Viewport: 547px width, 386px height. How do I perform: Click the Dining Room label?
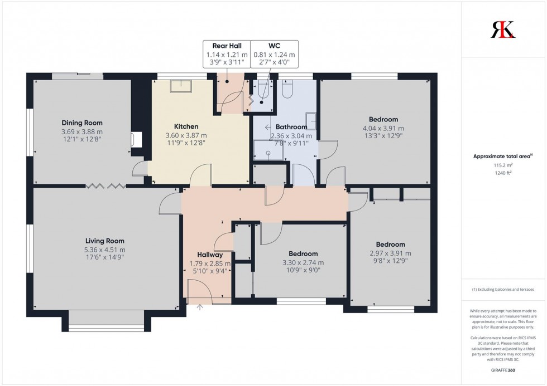pos(82,123)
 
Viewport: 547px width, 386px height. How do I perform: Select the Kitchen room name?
pos(186,126)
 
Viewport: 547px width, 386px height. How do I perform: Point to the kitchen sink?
pos(181,86)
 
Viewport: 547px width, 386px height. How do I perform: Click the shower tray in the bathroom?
pos(268,150)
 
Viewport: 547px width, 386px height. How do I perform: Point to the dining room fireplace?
pos(135,139)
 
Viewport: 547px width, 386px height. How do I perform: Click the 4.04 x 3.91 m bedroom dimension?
pos(383,128)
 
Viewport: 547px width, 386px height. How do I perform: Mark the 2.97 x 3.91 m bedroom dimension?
pos(390,253)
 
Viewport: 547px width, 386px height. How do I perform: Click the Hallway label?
pos(209,255)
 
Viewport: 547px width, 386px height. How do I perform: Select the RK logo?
pos(503,29)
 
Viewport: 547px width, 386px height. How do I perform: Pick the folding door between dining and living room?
pos(105,185)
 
